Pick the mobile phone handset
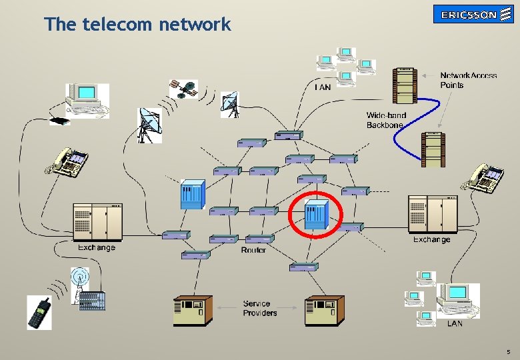tap(39, 311)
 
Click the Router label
tap(253, 250)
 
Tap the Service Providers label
tap(259, 309)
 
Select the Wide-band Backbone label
tap(386, 120)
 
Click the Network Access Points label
tap(468, 80)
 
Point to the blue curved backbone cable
tap(413, 127)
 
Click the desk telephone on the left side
tap(70, 161)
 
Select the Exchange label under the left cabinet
tap(97, 247)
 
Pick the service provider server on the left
tap(193, 310)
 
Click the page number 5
tap(508, 351)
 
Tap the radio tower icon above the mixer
tap(80, 279)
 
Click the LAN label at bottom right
tap(454, 323)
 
